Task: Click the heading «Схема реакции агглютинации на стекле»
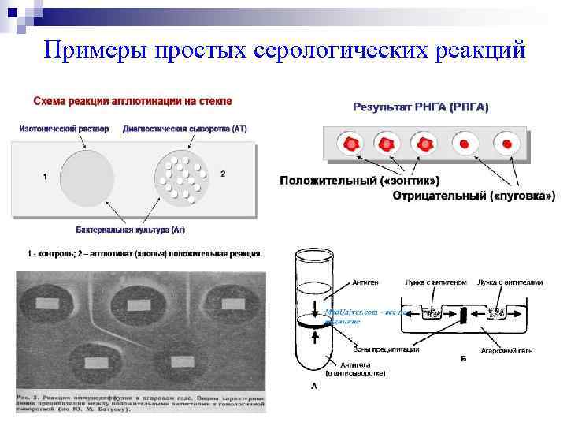132,102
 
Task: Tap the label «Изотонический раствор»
64,129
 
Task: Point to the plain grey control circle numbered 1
87,177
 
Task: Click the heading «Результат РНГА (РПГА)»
421,106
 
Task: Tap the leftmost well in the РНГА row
348,144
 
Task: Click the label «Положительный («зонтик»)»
360,181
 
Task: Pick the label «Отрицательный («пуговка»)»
474,195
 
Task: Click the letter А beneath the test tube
314,387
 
